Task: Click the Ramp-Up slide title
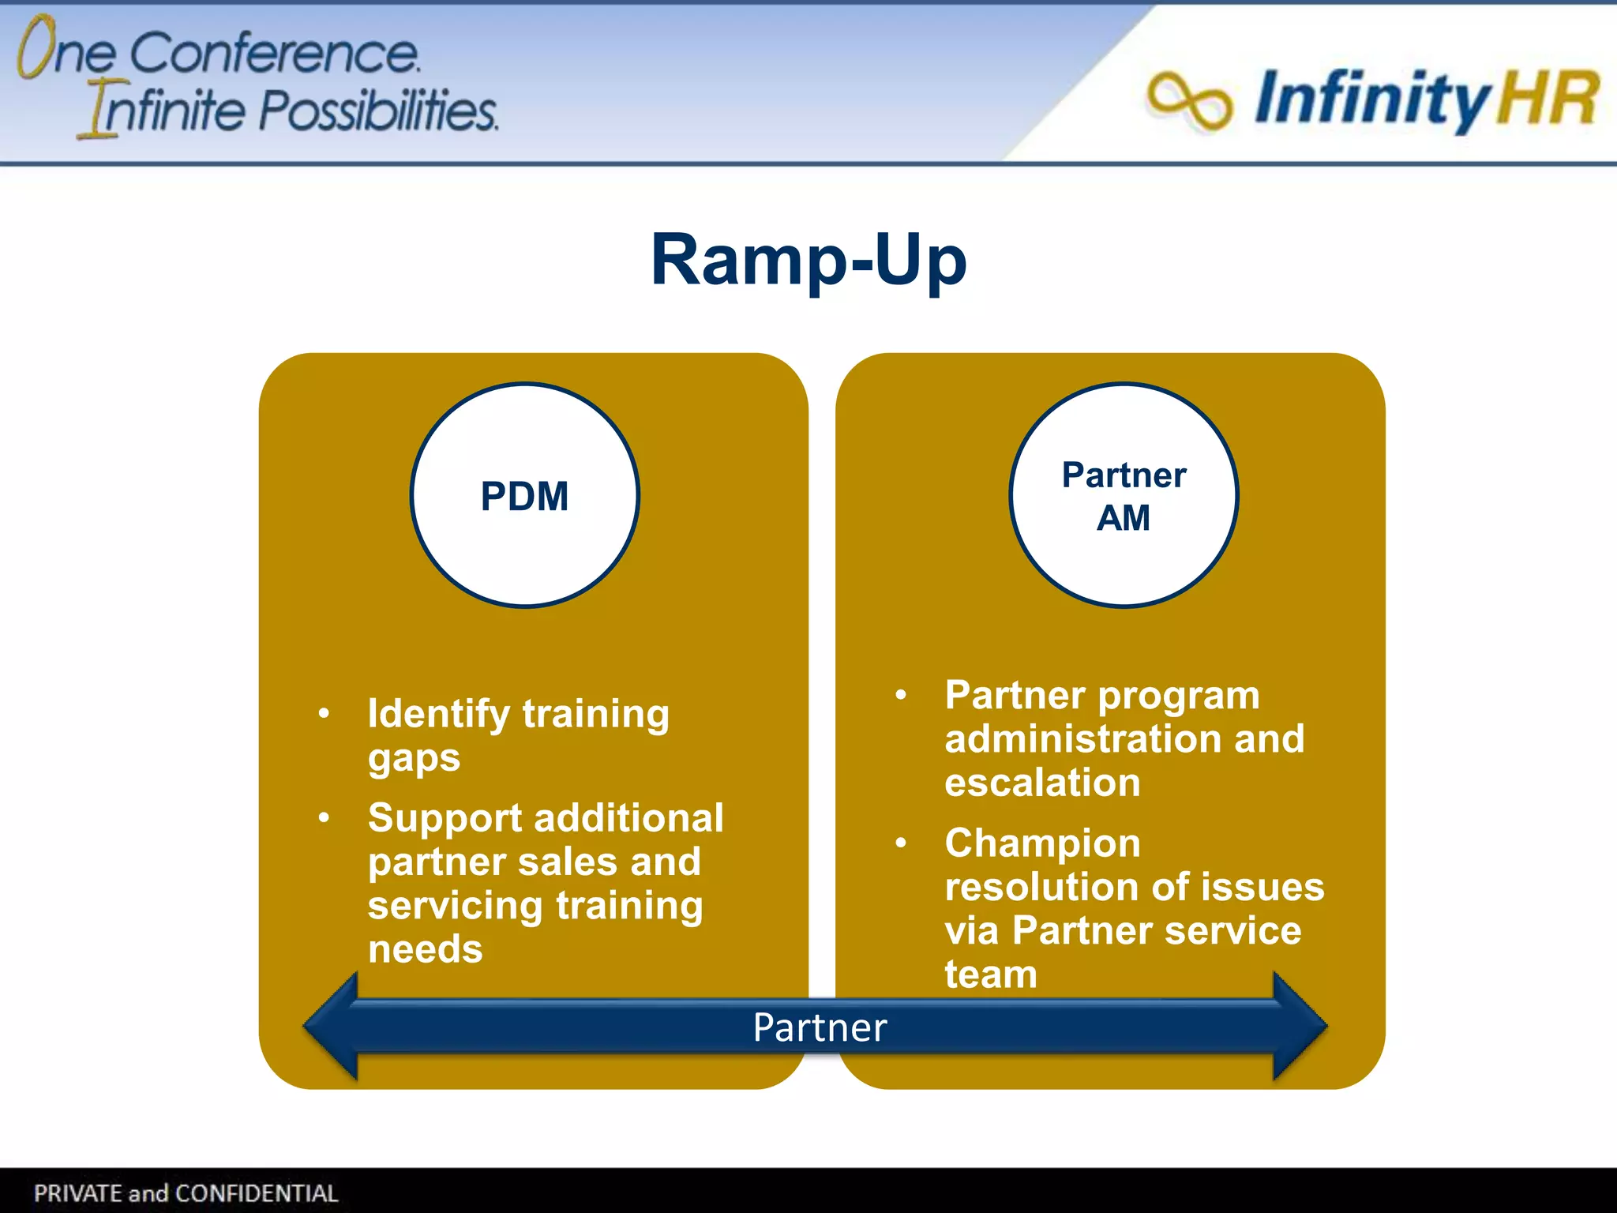(x=808, y=261)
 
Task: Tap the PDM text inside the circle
(x=524, y=497)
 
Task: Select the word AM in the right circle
(x=1123, y=519)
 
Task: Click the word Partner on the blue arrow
(x=820, y=1027)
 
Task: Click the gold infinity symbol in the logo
(x=1189, y=101)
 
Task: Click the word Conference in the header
(x=274, y=54)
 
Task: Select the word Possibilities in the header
(x=379, y=111)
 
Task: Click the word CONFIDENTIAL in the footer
(x=257, y=1193)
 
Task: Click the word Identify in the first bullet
(x=438, y=714)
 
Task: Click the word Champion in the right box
(x=1042, y=843)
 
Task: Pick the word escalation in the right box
(x=1042, y=783)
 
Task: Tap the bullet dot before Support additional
(x=324, y=817)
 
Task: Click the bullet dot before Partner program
(x=901, y=695)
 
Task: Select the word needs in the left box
(x=425, y=949)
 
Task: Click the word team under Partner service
(x=990, y=975)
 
